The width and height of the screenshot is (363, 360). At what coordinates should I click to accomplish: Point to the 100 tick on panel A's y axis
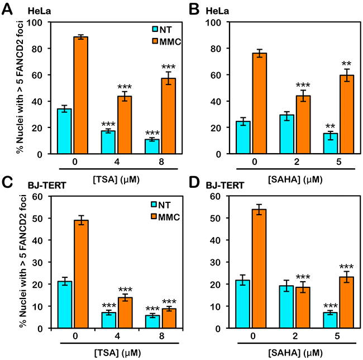point(40,22)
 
